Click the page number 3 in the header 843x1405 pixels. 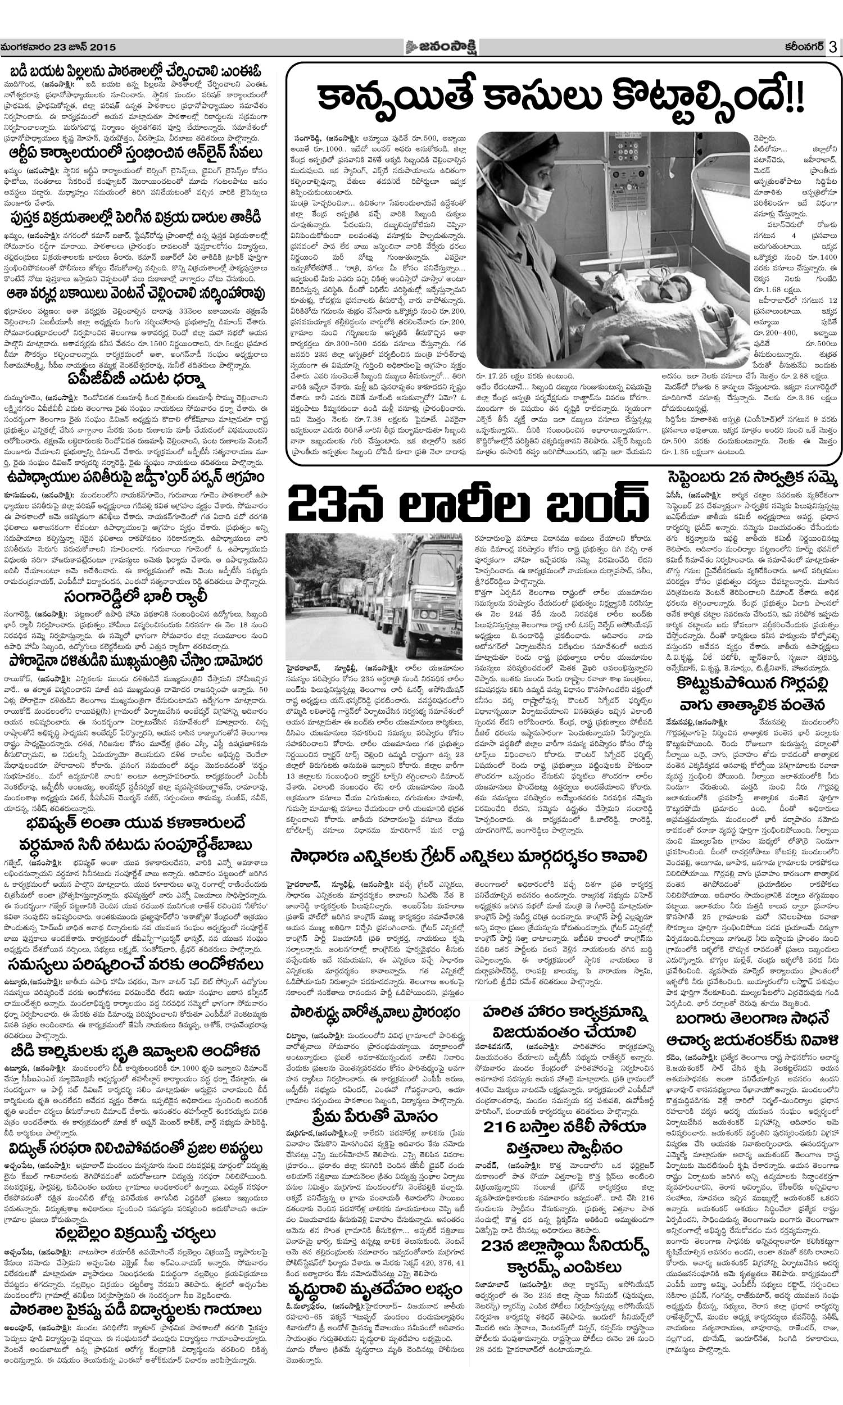pos(833,47)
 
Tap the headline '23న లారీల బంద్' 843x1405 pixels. pos(468,503)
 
